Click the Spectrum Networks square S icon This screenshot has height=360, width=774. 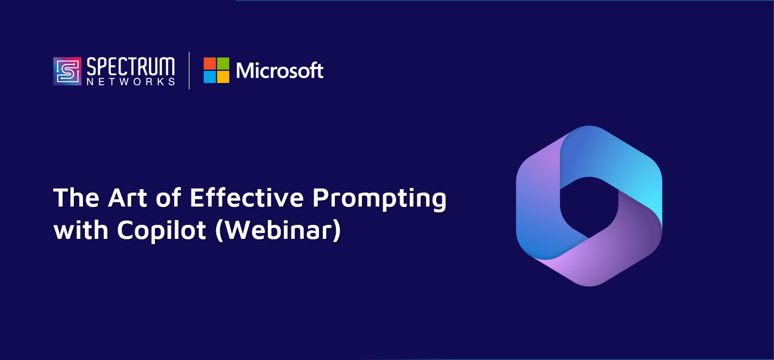pos(68,71)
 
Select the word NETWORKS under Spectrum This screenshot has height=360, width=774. pos(131,82)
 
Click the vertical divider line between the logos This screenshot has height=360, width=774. pos(189,70)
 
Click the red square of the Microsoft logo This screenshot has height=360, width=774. pos(210,64)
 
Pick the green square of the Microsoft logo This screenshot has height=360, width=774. pos(223,64)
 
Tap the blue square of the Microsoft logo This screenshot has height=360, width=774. pos(210,77)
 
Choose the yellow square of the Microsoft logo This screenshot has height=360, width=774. pos(223,77)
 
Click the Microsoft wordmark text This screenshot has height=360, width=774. pos(279,70)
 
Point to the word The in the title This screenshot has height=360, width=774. pos(76,198)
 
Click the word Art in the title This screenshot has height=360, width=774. pos(127,198)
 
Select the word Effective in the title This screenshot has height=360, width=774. pos(247,198)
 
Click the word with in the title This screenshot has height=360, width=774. pos(81,230)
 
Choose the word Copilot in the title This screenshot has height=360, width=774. pos(161,232)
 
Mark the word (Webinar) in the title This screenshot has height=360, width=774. pos(278,231)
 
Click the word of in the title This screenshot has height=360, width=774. pos(168,198)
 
